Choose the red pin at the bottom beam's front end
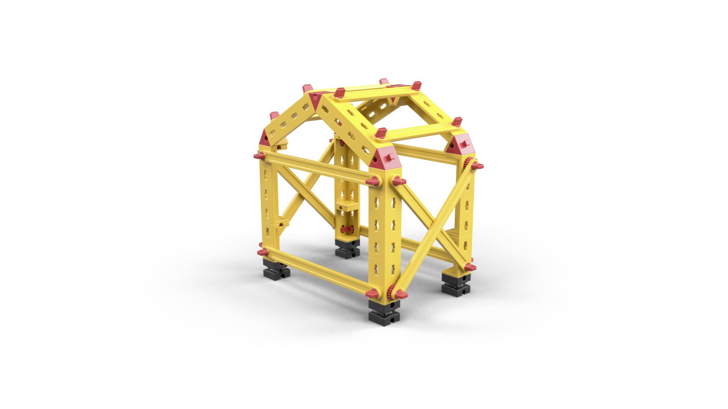(373, 292)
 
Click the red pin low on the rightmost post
(469, 267)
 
